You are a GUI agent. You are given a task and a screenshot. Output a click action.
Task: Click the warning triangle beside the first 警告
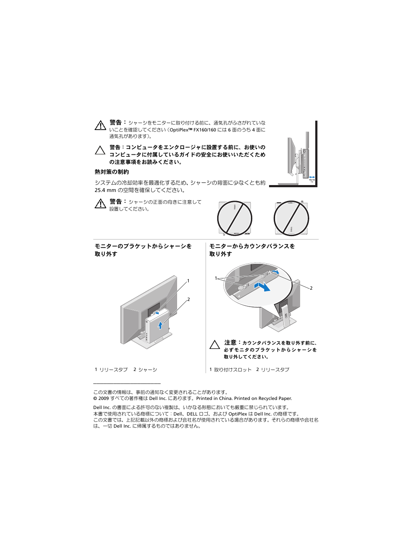coord(100,125)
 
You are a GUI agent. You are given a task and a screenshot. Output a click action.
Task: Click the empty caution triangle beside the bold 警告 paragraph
coord(100,150)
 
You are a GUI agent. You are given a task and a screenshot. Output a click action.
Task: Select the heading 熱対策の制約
coord(111,172)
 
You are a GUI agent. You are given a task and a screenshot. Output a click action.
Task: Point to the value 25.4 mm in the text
coord(105,190)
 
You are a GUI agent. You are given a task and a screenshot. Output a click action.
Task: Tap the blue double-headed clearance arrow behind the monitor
coord(312,177)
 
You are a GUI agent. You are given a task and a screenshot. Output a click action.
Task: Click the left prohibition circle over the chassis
coord(235,218)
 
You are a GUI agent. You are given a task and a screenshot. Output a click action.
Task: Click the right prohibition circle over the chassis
coord(292,218)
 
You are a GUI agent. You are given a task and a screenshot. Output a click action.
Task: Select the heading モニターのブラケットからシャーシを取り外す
coord(143,250)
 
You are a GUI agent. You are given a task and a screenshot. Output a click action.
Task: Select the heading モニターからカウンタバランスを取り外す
coord(252,250)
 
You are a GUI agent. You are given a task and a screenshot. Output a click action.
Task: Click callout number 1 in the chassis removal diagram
coord(188,281)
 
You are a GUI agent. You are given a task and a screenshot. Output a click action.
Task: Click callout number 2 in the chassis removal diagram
coord(188,299)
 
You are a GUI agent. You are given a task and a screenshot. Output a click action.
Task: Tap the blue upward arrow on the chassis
coord(160,325)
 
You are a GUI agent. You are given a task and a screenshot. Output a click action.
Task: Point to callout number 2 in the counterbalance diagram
coord(311,288)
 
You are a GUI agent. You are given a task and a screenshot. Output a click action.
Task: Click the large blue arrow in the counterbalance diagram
coord(262,286)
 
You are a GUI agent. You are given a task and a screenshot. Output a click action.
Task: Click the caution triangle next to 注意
coord(215,345)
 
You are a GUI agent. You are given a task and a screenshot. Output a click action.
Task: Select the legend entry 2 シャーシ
coord(145,370)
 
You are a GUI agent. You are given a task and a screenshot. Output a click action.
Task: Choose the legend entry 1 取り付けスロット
coord(230,370)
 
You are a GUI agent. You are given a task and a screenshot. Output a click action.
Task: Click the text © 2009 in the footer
coord(101,399)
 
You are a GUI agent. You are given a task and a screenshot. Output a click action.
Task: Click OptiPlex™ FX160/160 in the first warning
coord(193,130)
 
